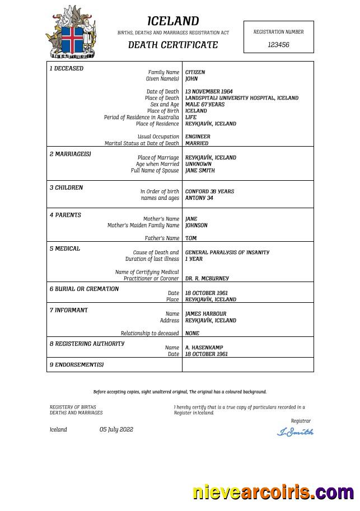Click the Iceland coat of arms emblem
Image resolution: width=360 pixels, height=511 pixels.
click(71, 32)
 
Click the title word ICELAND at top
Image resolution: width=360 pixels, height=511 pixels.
click(173, 21)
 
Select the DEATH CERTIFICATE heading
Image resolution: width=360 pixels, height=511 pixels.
click(173, 45)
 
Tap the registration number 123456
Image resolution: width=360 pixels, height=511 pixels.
click(278, 45)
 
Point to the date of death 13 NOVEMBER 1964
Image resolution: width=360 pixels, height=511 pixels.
click(209, 91)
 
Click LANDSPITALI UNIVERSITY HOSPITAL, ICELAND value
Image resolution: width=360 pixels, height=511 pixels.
click(241, 98)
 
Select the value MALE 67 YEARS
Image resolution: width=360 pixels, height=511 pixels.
click(204, 104)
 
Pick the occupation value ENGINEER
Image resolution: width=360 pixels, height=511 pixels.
click(198, 137)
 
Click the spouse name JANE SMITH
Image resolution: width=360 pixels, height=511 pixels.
click(200, 171)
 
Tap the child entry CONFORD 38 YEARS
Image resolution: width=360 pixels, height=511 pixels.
click(209, 191)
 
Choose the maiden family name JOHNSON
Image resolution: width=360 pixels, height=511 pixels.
click(196, 226)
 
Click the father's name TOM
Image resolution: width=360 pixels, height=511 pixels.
click(191, 238)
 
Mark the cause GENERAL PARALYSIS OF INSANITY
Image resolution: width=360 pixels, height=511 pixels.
click(227, 252)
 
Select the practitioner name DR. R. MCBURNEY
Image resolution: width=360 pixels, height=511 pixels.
click(207, 279)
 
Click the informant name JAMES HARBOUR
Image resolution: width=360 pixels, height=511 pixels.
click(205, 314)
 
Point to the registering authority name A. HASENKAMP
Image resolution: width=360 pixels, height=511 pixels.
click(204, 348)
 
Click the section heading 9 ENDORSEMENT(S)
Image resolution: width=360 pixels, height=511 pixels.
click(76, 365)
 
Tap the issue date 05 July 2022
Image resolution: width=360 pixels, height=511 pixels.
click(116, 430)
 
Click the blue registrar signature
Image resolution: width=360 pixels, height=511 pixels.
click(295, 432)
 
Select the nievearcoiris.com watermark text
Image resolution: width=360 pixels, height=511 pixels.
click(273, 493)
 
